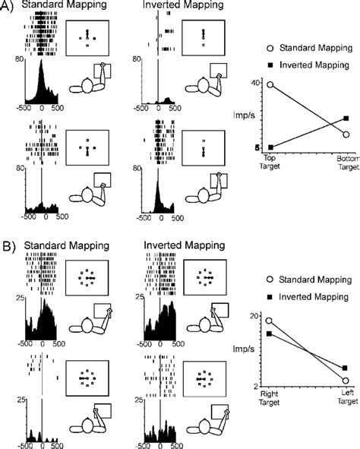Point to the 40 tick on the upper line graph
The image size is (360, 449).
pyautogui.click(x=257, y=82)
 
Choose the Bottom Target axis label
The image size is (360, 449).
pyautogui.click(x=346, y=158)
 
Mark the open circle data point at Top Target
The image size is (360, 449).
pyautogui.click(x=270, y=85)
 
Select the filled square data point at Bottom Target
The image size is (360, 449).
pyautogui.click(x=346, y=119)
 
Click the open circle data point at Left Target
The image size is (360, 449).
pyautogui.click(x=346, y=380)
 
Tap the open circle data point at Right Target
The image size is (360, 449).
pyautogui.click(x=270, y=321)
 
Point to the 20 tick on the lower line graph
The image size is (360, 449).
pyautogui.click(x=256, y=315)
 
